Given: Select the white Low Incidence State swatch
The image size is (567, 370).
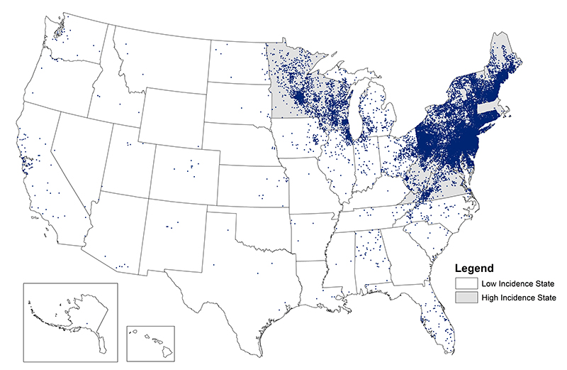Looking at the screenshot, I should [464, 283].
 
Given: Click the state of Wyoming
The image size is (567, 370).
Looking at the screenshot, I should [170, 117].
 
